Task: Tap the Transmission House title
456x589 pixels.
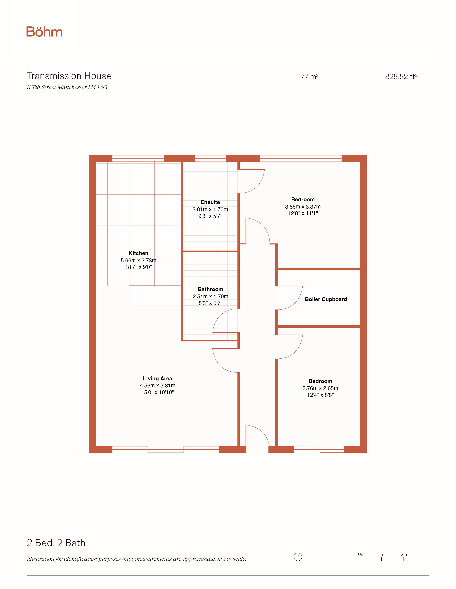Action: (69, 76)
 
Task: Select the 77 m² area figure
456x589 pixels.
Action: (310, 77)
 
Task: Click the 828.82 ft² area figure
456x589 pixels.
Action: (401, 77)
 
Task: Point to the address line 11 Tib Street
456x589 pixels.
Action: (67, 87)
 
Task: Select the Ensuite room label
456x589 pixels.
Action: (210, 202)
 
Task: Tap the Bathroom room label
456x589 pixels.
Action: (210, 289)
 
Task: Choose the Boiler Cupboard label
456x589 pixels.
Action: (326, 299)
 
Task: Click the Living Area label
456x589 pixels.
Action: (158, 379)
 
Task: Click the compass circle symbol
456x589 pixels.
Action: (298, 557)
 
